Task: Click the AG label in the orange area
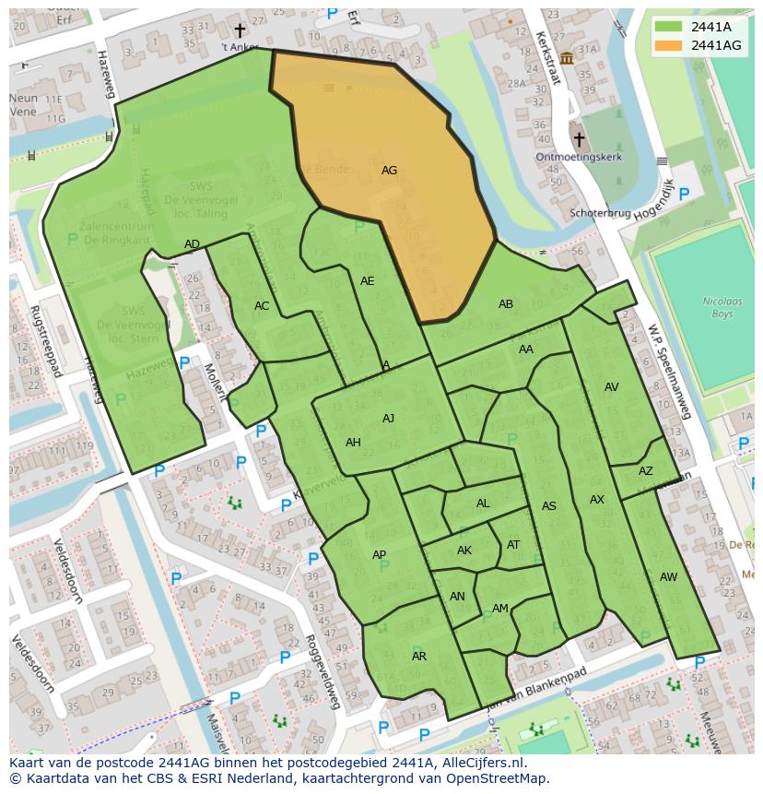click(x=389, y=171)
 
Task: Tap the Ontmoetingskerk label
click(x=578, y=157)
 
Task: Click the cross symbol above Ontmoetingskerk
click(x=579, y=139)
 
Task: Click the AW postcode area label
click(x=668, y=577)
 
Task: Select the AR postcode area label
click(x=419, y=657)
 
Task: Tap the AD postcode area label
click(x=192, y=244)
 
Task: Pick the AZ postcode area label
click(x=645, y=471)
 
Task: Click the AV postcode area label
click(x=611, y=387)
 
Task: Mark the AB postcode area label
click(x=506, y=304)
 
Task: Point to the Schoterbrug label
click(x=600, y=213)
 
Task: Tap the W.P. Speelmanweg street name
click(x=669, y=370)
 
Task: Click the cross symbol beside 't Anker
click(x=240, y=31)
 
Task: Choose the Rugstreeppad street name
click(x=43, y=341)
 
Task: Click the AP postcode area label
click(x=379, y=555)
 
